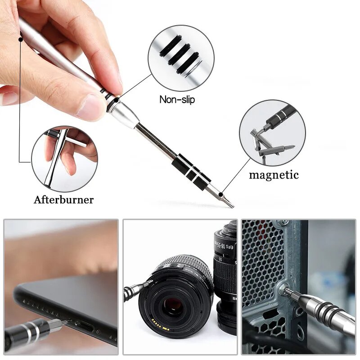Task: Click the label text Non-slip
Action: coord(177,99)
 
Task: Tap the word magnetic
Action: coord(274,175)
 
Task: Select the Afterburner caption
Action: coord(63,199)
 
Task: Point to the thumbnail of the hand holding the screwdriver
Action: coord(61,288)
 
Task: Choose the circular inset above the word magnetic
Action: coord(272,133)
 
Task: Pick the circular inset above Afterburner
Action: coord(64,159)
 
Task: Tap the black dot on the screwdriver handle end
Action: coord(21,39)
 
